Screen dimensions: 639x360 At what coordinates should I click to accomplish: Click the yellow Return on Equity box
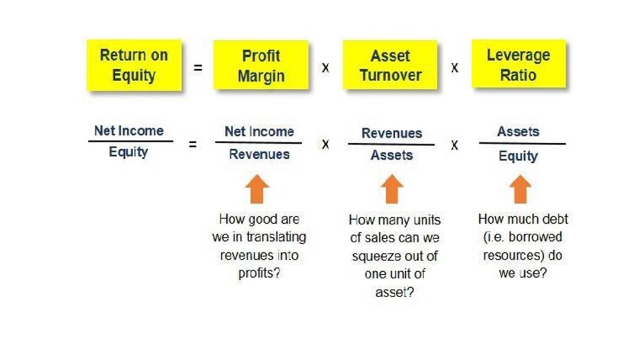pyautogui.click(x=134, y=65)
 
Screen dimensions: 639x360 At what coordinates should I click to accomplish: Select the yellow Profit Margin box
pyautogui.click(x=261, y=65)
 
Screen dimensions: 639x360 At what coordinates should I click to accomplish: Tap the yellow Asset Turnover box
pyautogui.click(x=390, y=65)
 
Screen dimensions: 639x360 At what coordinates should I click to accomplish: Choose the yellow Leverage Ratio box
pyautogui.click(x=519, y=64)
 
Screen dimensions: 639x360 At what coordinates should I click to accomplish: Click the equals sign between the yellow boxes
pyautogui.click(x=198, y=67)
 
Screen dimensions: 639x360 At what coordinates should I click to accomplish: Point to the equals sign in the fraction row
pyautogui.click(x=192, y=144)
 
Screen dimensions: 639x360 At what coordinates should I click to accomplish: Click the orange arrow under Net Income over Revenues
pyautogui.click(x=257, y=189)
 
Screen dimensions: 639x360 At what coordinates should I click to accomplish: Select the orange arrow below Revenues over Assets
pyautogui.click(x=392, y=189)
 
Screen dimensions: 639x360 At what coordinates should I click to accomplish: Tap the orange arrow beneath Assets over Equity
pyautogui.click(x=521, y=189)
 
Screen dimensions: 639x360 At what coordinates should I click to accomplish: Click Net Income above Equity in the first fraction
pyautogui.click(x=129, y=130)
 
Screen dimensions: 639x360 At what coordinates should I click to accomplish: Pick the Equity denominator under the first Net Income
pyautogui.click(x=128, y=152)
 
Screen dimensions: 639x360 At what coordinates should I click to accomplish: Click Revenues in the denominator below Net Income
pyautogui.click(x=259, y=154)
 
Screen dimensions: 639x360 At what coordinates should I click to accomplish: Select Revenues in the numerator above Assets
pyautogui.click(x=392, y=133)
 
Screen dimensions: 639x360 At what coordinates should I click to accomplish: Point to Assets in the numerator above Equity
pyautogui.click(x=518, y=131)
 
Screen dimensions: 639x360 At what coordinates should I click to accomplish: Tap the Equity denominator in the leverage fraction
pyautogui.click(x=518, y=156)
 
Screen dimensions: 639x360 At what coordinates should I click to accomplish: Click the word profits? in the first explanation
pyautogui.click(x=259, y=273)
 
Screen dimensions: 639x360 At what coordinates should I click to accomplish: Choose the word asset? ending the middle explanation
pyautogui.click(x=395, y=292)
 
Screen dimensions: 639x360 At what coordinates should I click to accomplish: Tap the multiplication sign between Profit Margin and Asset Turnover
pyautogui.click(x=325, y=67)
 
